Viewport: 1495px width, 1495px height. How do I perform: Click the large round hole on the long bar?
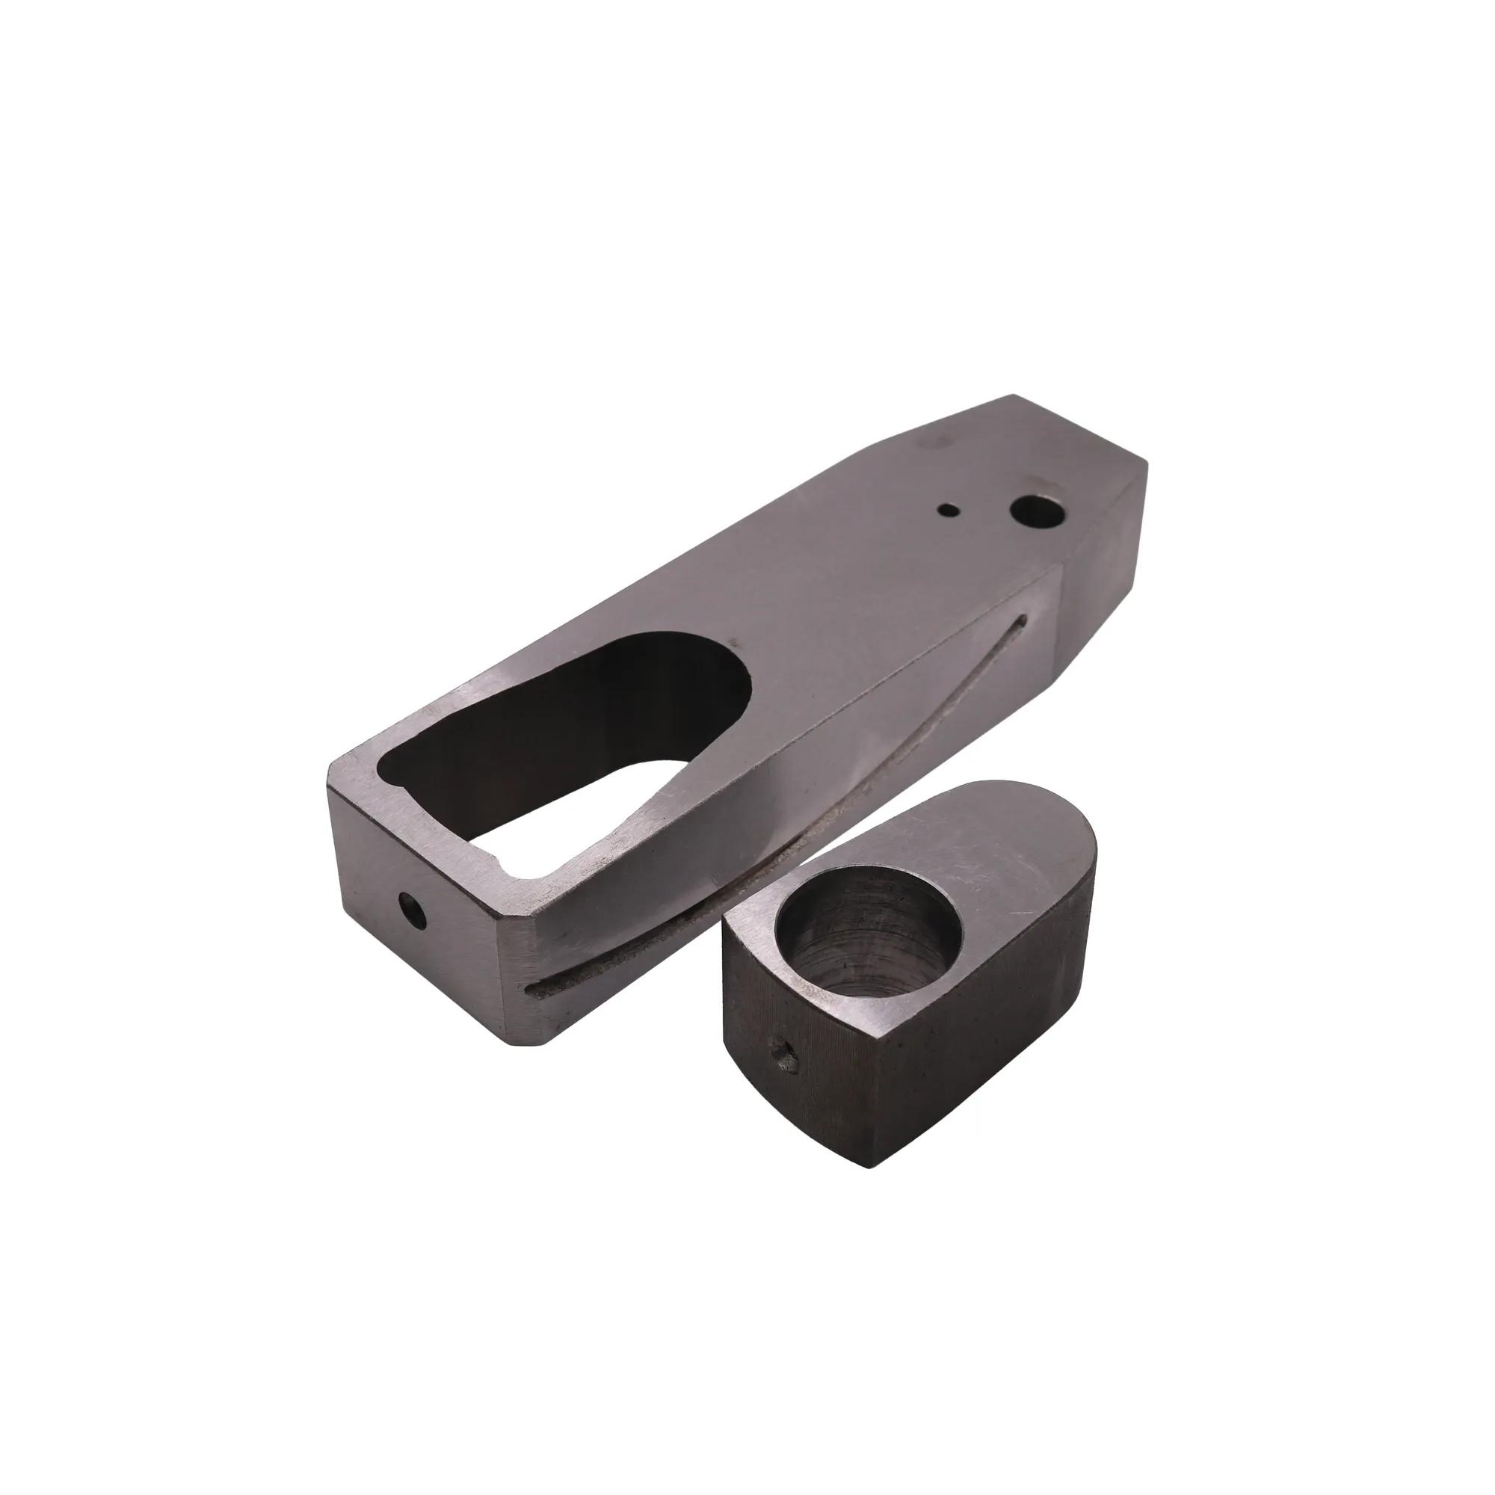coord(1032,511)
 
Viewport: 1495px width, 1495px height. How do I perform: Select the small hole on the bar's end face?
coord(413,909)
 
